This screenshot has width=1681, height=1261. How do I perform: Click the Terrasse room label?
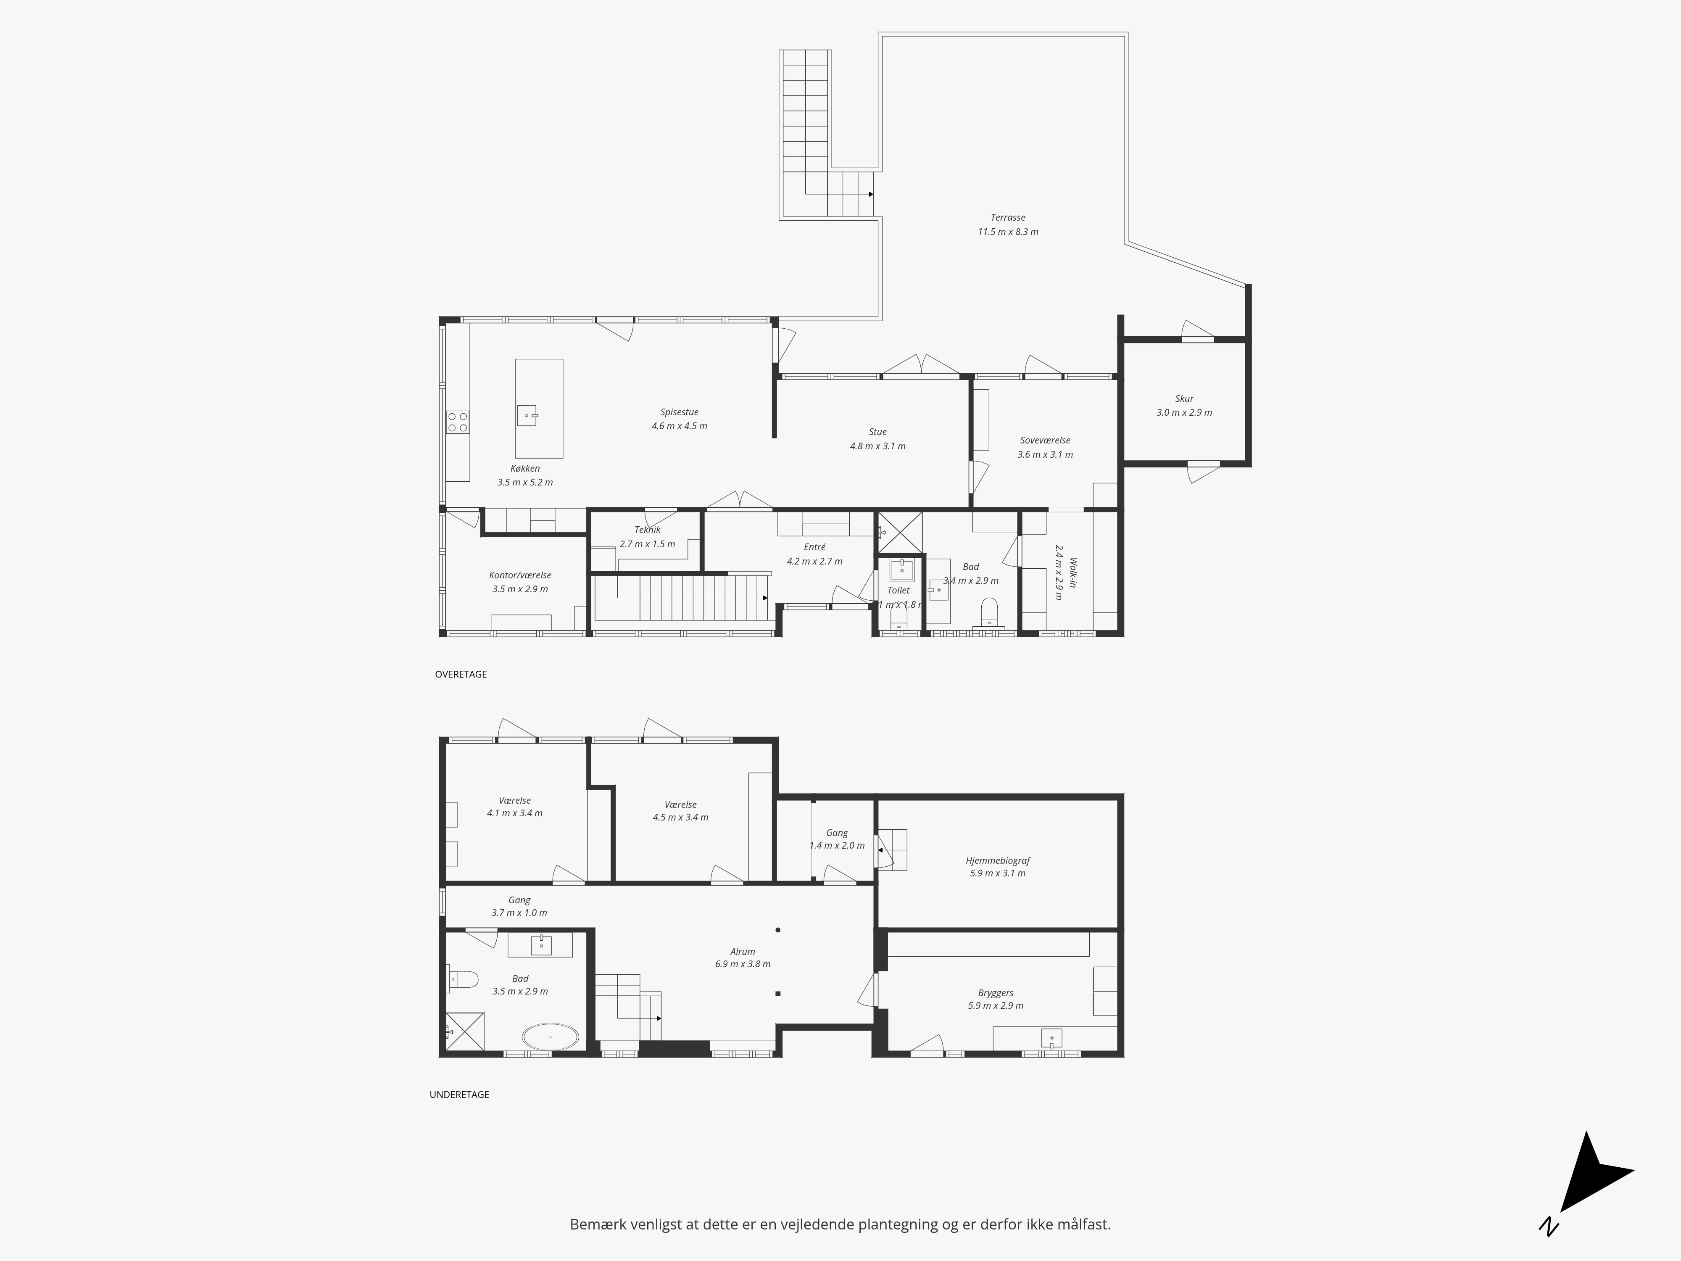coord(1008,217)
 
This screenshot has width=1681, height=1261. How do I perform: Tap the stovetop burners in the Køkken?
coord(458,422)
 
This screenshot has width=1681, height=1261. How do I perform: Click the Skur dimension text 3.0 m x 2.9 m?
coord(1184,413)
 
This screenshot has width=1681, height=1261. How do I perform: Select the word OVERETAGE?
coord(461,674)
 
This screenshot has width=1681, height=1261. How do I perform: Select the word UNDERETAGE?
coord(459,1095)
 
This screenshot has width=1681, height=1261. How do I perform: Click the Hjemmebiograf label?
coord(998,860)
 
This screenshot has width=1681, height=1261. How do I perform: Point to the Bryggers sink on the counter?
coord(1051,1037)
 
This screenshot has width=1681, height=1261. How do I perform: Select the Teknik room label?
coord(648,530)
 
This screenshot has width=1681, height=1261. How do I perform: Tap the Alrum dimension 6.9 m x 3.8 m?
coord(743,964)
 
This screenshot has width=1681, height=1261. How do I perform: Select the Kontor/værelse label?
coord(520,575)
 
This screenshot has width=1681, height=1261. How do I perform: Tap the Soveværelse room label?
coord(1045,440)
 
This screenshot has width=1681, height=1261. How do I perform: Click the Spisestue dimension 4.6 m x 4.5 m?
coord(679,426)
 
